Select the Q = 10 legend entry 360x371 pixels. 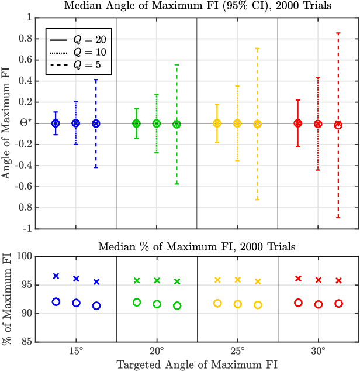(82, 51)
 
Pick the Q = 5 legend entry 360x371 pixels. (82, 64)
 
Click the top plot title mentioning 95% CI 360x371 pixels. (196, 6)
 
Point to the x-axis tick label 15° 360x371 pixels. (76, 353)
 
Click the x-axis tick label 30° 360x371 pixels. (318, 353)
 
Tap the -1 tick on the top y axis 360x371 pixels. (26, 229)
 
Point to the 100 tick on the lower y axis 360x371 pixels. (23, 256)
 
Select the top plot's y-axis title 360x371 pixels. (6, 123)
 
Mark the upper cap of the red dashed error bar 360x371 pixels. (338, 33)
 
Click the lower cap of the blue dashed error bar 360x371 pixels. (96, 167)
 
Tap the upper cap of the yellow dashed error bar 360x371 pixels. (257, 49)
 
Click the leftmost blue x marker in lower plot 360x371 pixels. (56, 276)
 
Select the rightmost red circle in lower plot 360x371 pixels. (338, 304)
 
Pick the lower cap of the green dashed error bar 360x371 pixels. (176, 184)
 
